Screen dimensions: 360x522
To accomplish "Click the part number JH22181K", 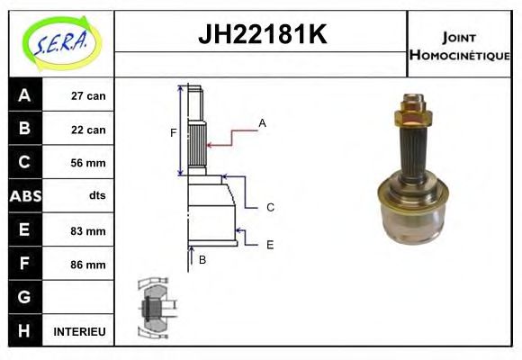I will (261, 36).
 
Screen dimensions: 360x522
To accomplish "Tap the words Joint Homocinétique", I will (459, 45).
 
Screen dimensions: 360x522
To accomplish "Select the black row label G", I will (23, 297).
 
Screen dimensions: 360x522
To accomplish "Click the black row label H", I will (23, 331).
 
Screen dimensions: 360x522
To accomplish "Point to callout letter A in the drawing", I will (262, 122).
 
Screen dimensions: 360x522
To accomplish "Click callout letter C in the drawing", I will (270, 208).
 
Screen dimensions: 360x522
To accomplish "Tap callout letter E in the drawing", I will (269, 244).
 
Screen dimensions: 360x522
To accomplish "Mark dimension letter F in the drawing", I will (173, 133).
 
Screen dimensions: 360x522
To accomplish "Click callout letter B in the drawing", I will (202, 259).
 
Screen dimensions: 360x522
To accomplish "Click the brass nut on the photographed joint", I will (413, 114).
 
